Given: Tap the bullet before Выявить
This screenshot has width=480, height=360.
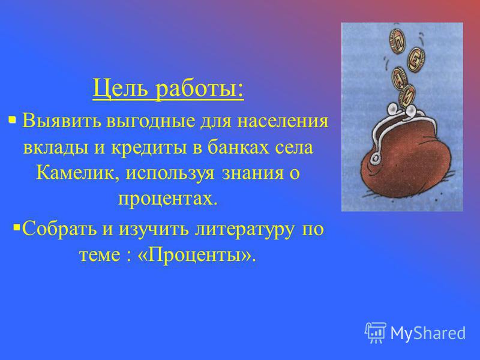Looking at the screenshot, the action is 12,119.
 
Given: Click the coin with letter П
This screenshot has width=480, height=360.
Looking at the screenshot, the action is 397,41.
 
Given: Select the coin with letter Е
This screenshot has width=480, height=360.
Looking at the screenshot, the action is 416,60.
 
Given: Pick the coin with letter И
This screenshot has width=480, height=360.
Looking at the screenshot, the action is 407,96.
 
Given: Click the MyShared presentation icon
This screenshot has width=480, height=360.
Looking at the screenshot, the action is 376,332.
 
